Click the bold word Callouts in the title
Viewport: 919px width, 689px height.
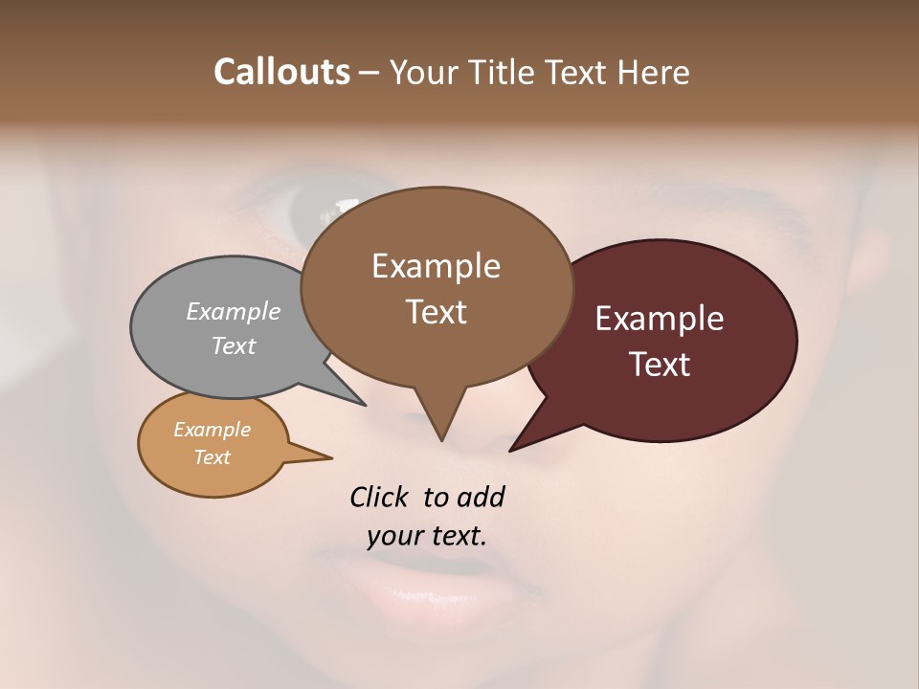pos(281,72)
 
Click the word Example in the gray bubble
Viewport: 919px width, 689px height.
pos(234,311)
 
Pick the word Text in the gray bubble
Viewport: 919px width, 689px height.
pos(234,345)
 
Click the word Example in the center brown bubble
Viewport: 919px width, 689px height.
pos(436,266)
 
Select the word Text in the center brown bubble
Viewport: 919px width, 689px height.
pos(436,312)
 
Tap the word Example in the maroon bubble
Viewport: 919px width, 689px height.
pos(660,319)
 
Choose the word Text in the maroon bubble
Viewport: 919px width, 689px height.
pos(660,365)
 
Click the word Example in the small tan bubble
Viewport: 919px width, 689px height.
pos(212,430)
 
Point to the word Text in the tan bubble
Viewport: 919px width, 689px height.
pos(212,457)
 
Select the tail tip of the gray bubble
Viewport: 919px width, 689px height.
pos(364,404)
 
